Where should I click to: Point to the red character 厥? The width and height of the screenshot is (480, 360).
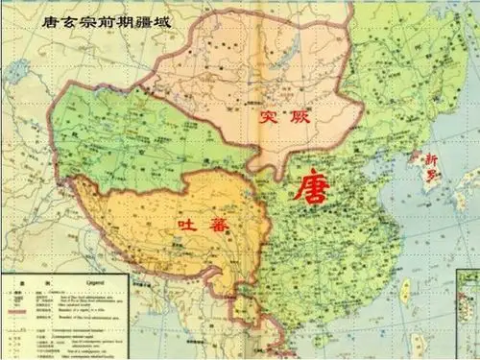(x=299, y=116)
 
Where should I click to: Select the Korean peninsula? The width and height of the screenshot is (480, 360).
(x=411, y=178)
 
